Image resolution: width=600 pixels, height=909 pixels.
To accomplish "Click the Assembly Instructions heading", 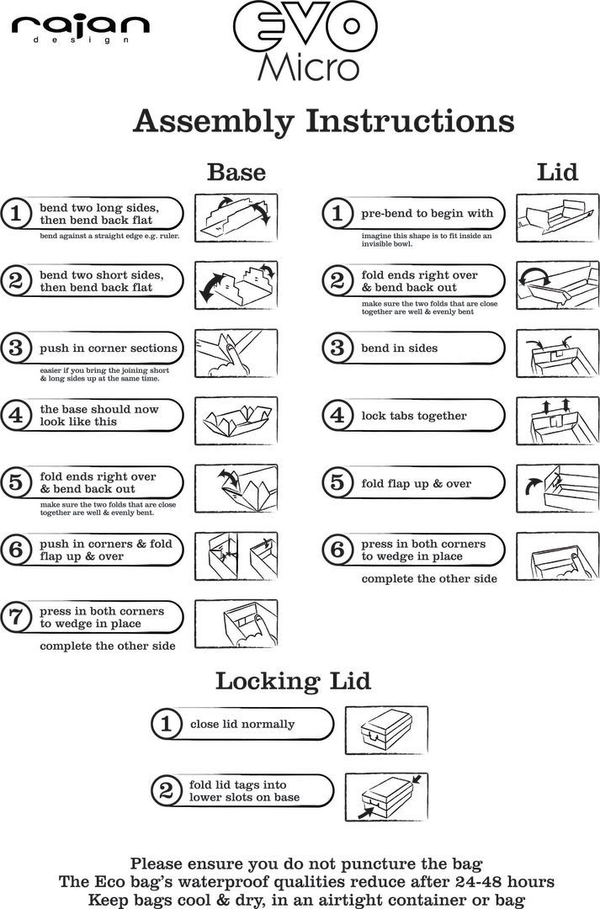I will [x=323, y=121].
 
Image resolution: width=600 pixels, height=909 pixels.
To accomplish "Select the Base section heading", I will [x=236, y=173].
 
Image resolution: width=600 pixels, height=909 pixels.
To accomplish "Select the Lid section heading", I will [x=557, y=173].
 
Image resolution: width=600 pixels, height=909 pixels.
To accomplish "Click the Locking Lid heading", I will [x=293, y=680].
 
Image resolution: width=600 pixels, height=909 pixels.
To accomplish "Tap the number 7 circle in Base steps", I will [x=15, y=618].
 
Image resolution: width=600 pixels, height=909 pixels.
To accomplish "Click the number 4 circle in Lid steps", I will [x=337, y=416].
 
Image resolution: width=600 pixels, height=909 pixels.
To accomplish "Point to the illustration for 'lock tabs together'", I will [x=558, y=417].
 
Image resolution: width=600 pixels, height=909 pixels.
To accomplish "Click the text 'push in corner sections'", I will [x=109, y=348].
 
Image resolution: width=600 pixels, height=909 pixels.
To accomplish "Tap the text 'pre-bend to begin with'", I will [x=427, y=213].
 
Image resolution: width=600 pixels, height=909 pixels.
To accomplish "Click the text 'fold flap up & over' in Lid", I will [x=416, y=484].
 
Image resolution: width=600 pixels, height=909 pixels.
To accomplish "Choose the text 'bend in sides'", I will [x=399, y=348].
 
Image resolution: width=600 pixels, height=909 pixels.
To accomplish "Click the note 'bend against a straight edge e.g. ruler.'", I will [x=109, y=237].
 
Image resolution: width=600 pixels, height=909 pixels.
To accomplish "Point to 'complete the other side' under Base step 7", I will [x=108, y=646].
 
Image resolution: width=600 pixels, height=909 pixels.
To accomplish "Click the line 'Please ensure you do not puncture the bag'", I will [x=305, y=864].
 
